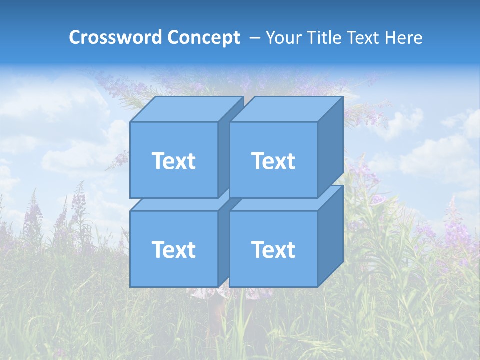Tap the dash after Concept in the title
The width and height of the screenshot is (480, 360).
point(254,38)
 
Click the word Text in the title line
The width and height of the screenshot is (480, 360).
point(366,38)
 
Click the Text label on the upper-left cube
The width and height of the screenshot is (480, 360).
point(173,161)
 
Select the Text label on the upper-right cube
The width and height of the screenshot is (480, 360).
point(273,161)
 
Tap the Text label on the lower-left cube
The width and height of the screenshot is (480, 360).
point(173,250)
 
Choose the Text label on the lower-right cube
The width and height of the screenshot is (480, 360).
point(273,250)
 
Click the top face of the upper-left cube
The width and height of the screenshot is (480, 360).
point(186,109)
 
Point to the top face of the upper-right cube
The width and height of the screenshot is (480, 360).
point(286,109)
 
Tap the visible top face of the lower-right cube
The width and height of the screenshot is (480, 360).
point(280,204)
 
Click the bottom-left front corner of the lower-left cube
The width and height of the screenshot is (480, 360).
point(130,287)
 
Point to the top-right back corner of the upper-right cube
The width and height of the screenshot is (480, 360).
point(343,97)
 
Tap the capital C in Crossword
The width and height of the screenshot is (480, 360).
point(75,38)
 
